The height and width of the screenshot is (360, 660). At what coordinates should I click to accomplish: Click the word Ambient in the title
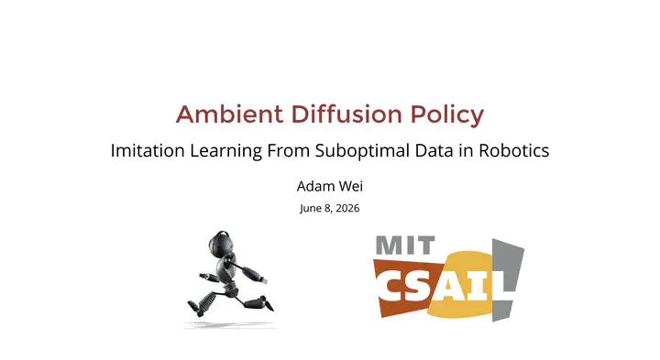[x=230, y=114]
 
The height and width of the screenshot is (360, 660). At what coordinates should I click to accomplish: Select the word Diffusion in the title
[x=346, y=114]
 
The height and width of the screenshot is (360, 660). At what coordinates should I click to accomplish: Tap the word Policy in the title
[x=447, y=115]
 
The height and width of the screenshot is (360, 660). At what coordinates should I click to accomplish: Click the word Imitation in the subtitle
[x=148, y=150]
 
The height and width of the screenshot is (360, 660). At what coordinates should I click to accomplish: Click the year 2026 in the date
[x=347, y=208]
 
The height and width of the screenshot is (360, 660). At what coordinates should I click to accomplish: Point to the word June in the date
[x=310, y=209]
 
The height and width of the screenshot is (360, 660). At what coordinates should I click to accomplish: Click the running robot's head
[x=220, y=244]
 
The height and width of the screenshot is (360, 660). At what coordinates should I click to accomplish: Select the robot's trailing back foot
[x=195, y=308]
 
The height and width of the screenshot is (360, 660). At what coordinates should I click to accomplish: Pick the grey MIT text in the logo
[x=405, y=245]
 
